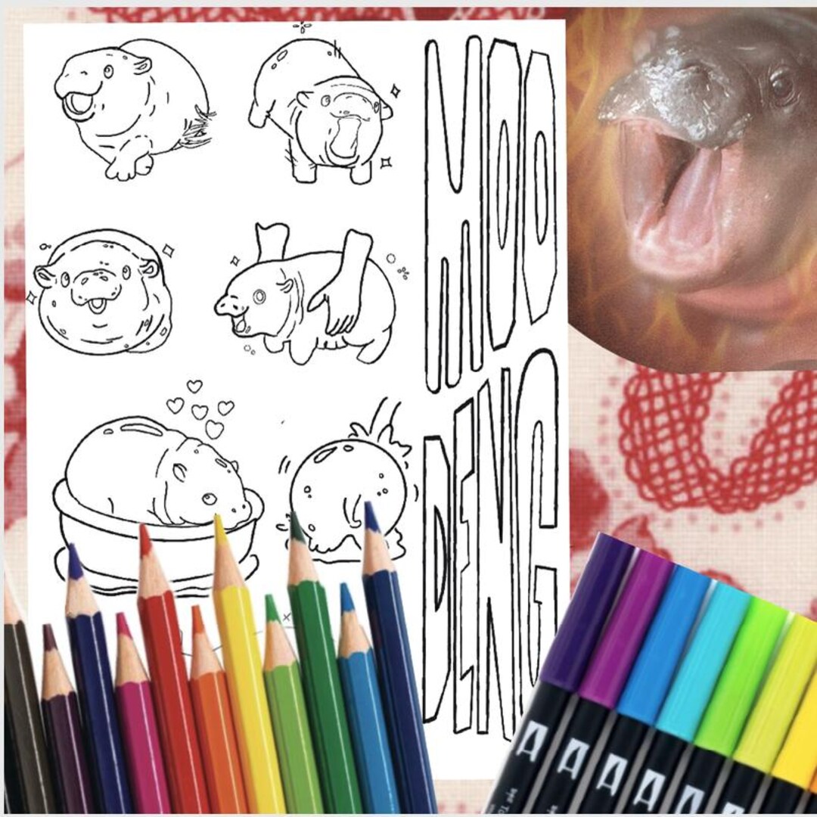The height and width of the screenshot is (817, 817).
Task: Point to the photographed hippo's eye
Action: coord(782,82)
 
